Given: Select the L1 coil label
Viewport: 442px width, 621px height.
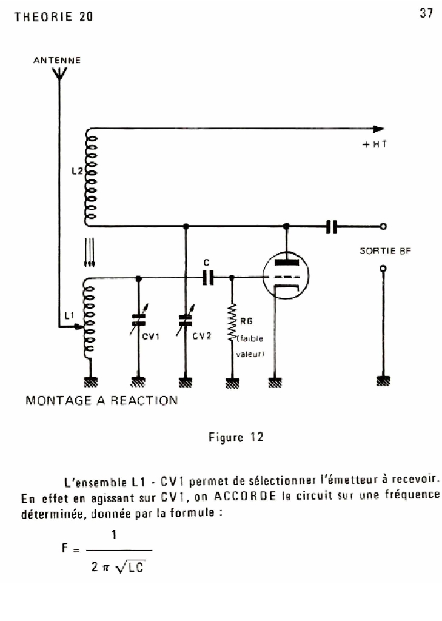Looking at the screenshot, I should pos(70,316).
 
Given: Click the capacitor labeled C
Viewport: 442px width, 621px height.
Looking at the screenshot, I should pos(208,278).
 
